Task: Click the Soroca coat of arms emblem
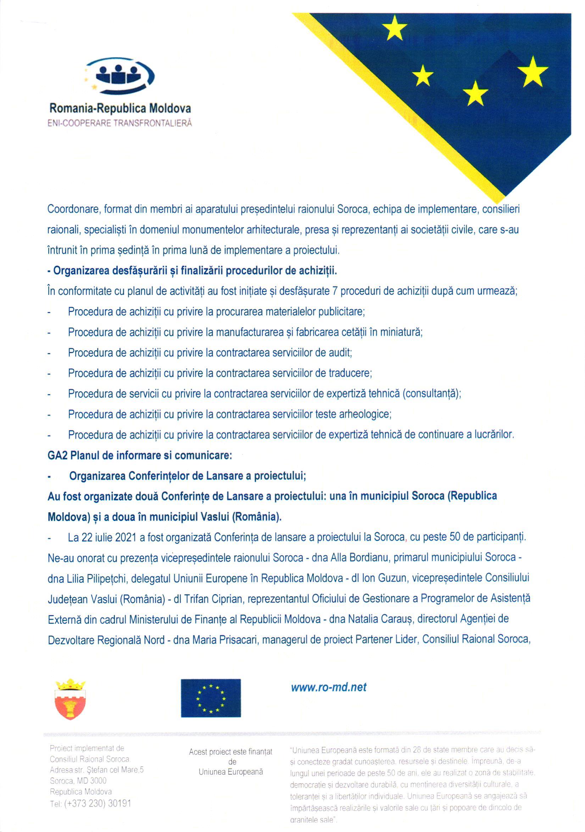[x=71, y=699]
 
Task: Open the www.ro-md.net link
[x=329, y=687]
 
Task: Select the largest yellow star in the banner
[x=532, y=71]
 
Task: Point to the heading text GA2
[x=58, y=455]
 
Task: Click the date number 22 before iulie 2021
[x=87, y=537]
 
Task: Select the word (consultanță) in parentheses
[x=431, y=393]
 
